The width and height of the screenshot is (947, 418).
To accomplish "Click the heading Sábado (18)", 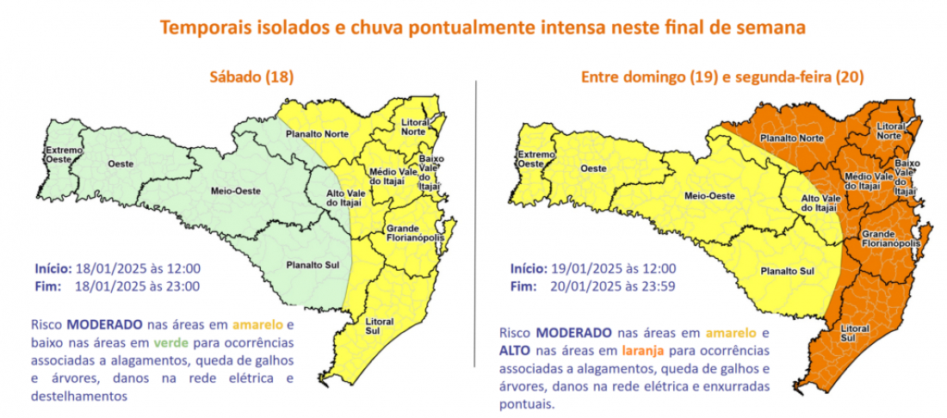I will (253, 77).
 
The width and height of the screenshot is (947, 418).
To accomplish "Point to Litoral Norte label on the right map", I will (894, 130).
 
